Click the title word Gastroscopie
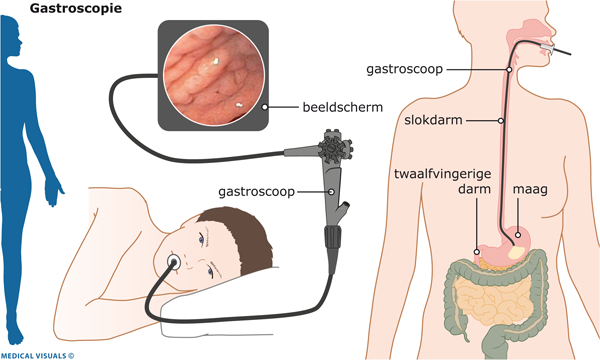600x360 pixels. click(x=76, y=8)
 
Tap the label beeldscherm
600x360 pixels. click(x=342, y=108)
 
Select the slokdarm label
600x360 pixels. click(x=433, y=120)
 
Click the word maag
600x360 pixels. click(x=530, y=189)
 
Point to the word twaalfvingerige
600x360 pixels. click(x=442, y=174)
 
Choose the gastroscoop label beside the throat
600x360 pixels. click(x=404, y=69)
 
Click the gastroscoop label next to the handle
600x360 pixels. click(x=256, y=192)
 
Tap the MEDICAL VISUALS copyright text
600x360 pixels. click(x=37, y=356)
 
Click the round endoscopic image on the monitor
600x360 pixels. click(x=214, y=75)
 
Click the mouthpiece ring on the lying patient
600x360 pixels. click(x=174, y=262)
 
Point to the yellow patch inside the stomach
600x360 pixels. click(x=516, y=252)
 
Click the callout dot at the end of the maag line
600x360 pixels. click(x=518, y=235)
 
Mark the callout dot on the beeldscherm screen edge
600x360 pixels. click(x=264, y=107)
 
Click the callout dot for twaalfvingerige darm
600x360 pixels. click(x=477, y=252)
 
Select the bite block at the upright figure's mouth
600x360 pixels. click(x=548, y=48)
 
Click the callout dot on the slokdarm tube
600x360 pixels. click(x=501, y=121)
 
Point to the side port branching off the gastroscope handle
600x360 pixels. click(x=343, y=210)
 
